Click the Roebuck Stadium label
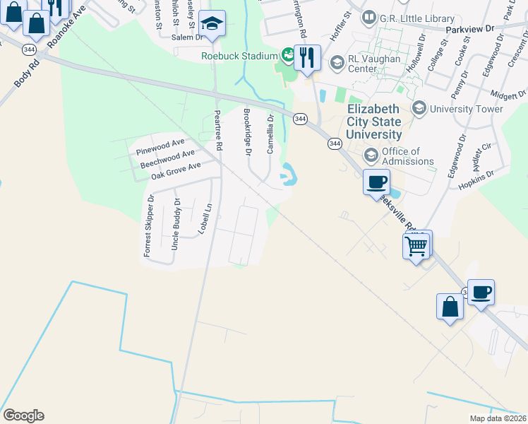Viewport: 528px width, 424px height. pyautogui.click(x=239, y=56)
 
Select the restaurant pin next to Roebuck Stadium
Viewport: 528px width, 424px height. pyautogui.click(x=307, y=57)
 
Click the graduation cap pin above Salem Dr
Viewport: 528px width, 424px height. pyautogui.click(x=211, y=24)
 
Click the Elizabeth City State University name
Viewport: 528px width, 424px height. pyautogui.click(x=374, y=122)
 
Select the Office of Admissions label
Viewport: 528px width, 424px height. pyautogui.click(x=407, y=156)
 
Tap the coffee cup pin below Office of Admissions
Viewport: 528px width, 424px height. pyautogui.click(x=376, y=182)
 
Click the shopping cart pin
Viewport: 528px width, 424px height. pyautogui.click(x=416, y=247)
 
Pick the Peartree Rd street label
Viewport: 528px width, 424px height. pyautogui.click(x=218, y=130)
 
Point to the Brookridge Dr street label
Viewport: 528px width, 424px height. pyautogui.click(x=247, y=128)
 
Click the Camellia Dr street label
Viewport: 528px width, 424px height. pyautogui.click(x=270, y=134)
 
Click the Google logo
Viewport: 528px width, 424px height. pyautogui.click(x=23, y=416)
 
